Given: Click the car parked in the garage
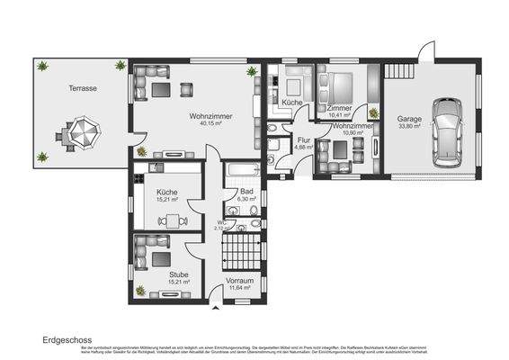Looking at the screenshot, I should [447, 133].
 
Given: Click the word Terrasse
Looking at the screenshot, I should [83, 89].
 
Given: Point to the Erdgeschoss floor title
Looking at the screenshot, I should [66, 340].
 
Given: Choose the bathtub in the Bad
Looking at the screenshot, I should [243, 171].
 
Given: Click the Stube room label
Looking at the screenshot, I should [178, 274].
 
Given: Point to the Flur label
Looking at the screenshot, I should [304, 140].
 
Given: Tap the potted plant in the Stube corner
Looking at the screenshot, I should [141, 290].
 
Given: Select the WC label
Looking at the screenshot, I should [222, 221].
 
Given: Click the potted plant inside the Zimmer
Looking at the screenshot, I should [373, 112].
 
